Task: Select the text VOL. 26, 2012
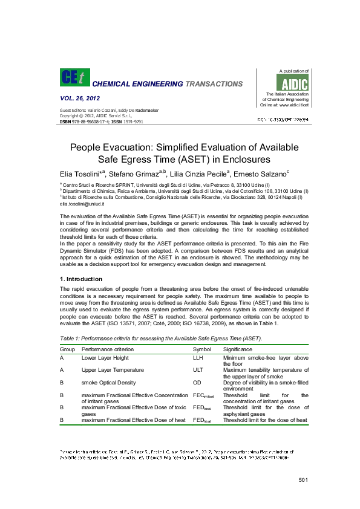point(80,98)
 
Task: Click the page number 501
point(304,480)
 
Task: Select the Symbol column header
point(202,349)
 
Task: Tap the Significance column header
point(239,349)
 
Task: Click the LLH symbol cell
point(198,358)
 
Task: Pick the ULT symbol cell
point(198,369)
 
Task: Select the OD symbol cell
point(197,382)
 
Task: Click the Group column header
point(67,349)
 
